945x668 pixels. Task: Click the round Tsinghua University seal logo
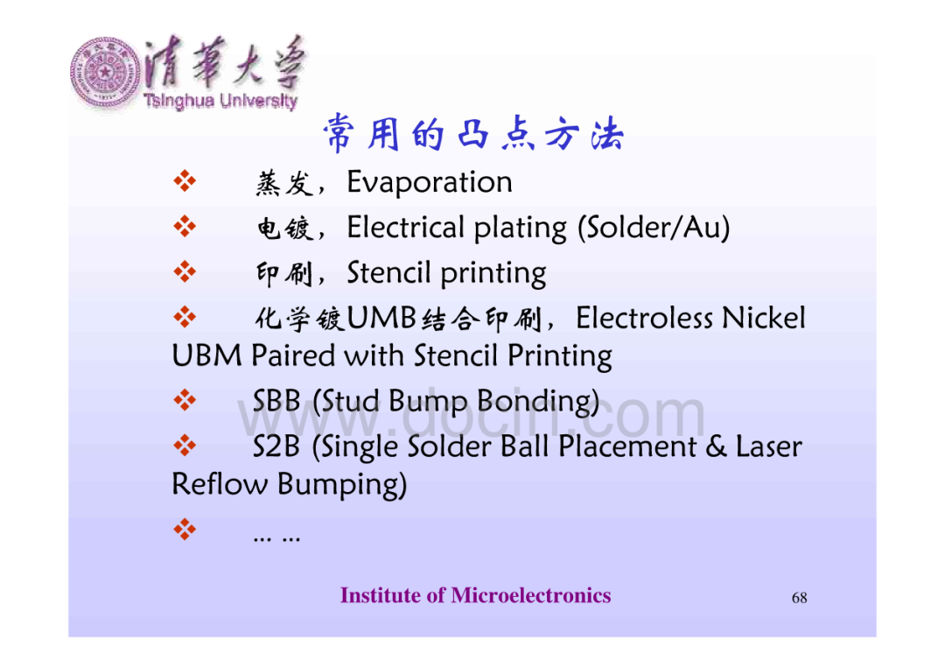click(x=105, y=73)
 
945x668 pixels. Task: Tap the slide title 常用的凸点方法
click(x=473, y=133)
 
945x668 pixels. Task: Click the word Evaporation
click(x=429, y=182)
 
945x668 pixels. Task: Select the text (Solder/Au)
click(x=654, y=228)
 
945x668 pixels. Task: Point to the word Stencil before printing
click(x=388, y=272)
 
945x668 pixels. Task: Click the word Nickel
click(x=763, y=318)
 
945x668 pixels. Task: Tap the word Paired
click(x=293, y=355)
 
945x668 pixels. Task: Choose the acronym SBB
click(x=276, y=401)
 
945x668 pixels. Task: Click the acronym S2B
click(x=276, y=447)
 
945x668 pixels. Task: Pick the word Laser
click(x=768, y=447)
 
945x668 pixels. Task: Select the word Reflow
click(x=220, y=484)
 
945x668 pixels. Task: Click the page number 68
click(x=799, y=597)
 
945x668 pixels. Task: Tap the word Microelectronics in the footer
click(x=531, y=595)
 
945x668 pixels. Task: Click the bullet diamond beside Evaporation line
click(x=185, y=181)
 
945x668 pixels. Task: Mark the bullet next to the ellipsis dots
click(x=185, y=529)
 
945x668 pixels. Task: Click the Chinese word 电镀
click(x=284, y=229)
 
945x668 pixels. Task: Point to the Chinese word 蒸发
click(x=284, y=183)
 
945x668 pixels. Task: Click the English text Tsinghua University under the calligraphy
click(x=220, y=101)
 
